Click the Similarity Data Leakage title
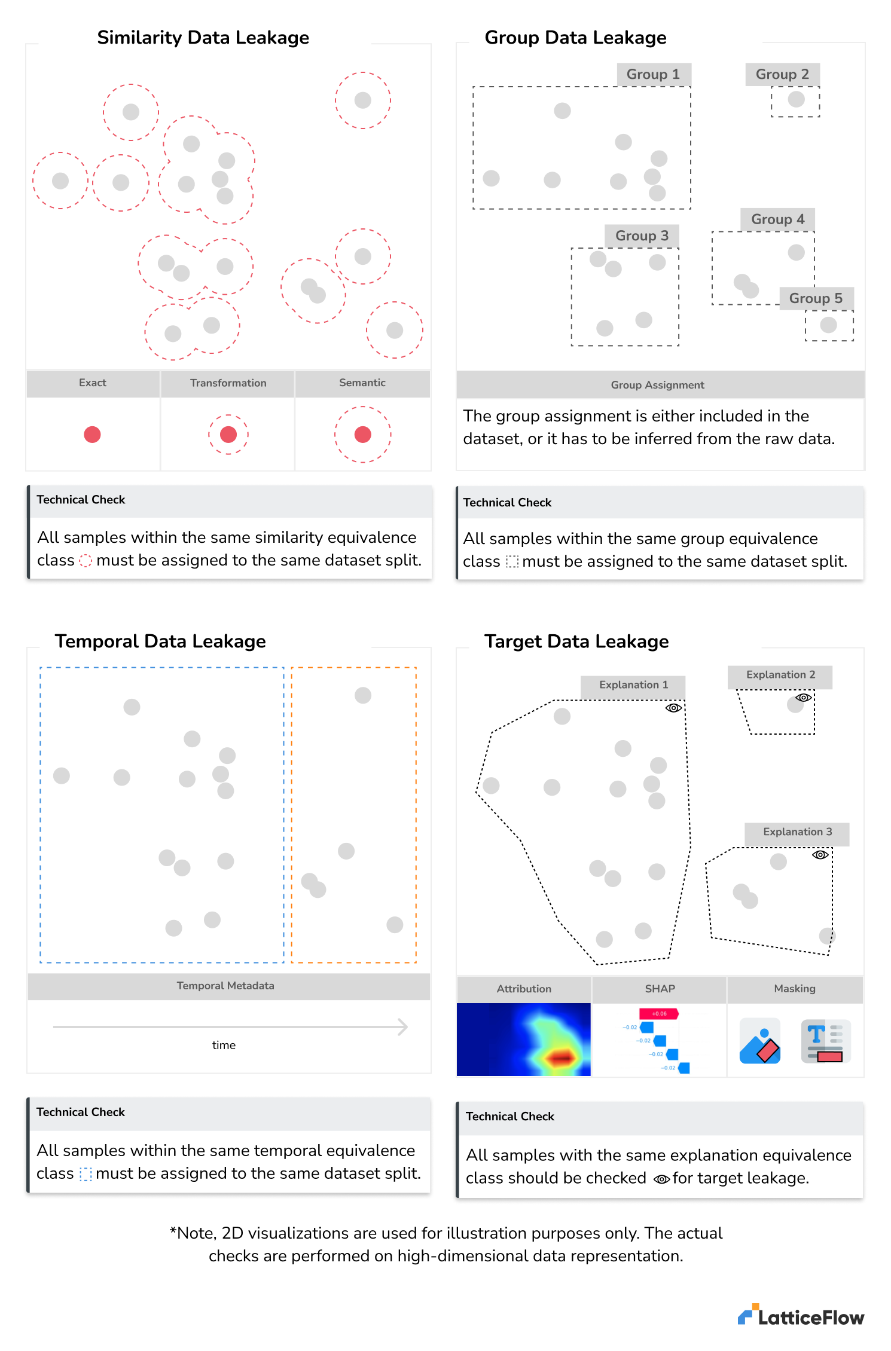pyautogui.click(x=203, y=38)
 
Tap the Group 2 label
pyautogui.click(x=782, y=74)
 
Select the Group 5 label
pyautogui.click(x=816, y=298)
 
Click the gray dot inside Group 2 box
pyautogui.click(x=796, y=99)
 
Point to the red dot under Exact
pyautogui.click(x=92, y=435)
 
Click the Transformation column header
pyautogui.click(x=228, y=383)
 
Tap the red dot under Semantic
pyautogui.click(x=362, y=435)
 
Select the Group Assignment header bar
pyautogui.click(x=658, y=385)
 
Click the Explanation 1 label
pyautogui.click(x=633, y=685)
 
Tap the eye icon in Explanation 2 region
pyautogui.click(x=804, y=698)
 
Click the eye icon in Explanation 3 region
pyautogui.click(x=820, y=855)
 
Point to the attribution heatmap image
pyautogui.click(x=524, y=1040)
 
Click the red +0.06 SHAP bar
pyautogui.click(x=659, y=1013)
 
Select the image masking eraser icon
pyautogui.click(x=760, y=1041)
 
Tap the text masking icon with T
pyautogui.click(x=825, y=1041)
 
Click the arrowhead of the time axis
pyautogui.click(x=403, y=1027)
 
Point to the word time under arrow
pyautogui.click(x=224, y=1045)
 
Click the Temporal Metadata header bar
pyautogui.click(x=225, y=986)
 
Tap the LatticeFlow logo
pyautogui.click(x=801, y=1316)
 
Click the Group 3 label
pyautogui.click(x=642, y=236)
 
